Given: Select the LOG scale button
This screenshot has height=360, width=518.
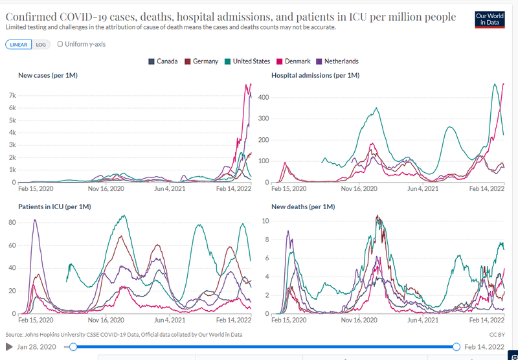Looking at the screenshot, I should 41,45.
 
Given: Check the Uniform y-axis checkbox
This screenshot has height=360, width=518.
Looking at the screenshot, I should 60,45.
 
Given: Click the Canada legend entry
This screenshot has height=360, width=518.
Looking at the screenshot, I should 165,62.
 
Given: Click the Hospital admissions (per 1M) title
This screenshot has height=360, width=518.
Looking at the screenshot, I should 315,76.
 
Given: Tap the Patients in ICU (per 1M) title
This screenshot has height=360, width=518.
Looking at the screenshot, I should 54,207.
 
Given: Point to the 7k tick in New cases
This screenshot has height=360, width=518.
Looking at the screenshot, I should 12,95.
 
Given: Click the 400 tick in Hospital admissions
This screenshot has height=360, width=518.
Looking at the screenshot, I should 264,97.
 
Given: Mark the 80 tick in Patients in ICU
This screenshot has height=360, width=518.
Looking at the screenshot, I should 11,223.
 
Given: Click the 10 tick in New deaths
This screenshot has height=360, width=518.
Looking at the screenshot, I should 265,221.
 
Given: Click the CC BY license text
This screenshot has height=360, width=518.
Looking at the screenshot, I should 497,335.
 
